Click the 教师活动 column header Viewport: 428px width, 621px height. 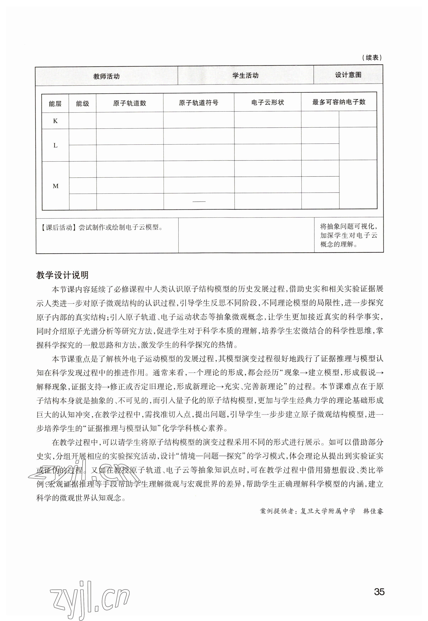click(x=106, y=76)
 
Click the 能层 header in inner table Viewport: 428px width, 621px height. click(x=55, y=104)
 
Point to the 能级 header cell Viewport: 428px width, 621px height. click(x=82, y=103)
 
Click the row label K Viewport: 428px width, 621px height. click(x=55, y=121)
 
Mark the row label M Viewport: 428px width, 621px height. click(x=56, y=186)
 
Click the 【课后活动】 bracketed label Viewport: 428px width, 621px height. click(x=57, y=228)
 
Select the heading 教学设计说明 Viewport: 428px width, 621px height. click(x=62, y=275)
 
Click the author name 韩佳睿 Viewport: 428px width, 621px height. click(x=373, y=511)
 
